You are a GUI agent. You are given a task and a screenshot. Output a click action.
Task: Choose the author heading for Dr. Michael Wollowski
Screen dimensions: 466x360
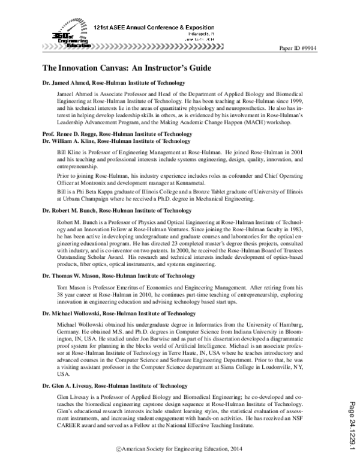[x=119, y=313]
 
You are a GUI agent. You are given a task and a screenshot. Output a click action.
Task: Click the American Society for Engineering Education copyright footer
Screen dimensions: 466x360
[x=180, y=449]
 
